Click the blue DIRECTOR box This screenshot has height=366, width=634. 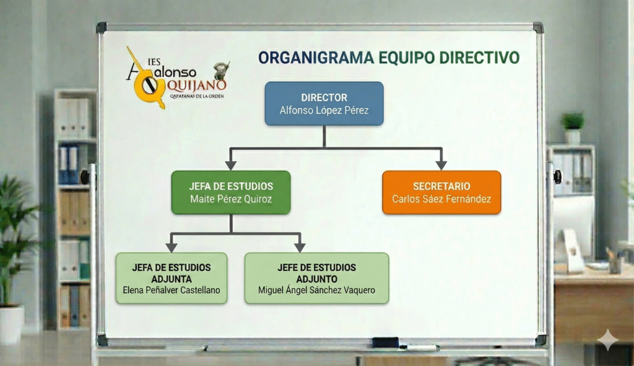pyautogui.click(x=324, y=104)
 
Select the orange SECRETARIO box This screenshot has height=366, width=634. pyautogui.click(x=441, y=192)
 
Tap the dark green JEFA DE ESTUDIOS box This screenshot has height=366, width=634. pyautogui.click(x=231, y=192)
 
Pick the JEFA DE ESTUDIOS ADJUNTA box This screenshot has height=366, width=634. pyautogui.click(x=172, y=278)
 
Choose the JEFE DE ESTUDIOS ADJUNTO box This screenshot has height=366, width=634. pyautogui.click(x=316, y=278)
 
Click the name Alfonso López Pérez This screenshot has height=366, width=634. pyautogui.click(x=324, y=111)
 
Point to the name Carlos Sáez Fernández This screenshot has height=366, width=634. pyautogui.click(x=441, y=199)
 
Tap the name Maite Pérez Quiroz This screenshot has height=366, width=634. pyautogui.click(x=231, y=199)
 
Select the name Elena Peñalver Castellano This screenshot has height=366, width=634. pyautogui.click(x=172, y=290)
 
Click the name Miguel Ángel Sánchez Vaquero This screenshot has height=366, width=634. pyautogui.click(x=316, y=290)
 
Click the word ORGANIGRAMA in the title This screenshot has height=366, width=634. pyautogui.click(x=316, y=58)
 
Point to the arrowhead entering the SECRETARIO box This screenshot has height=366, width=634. pyautogui.click(x=441, y=165)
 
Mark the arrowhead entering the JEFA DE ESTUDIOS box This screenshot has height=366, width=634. pyautogui.click(x=231, y=165)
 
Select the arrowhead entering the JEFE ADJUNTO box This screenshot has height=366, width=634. pyautogui.click(x=300, y=247)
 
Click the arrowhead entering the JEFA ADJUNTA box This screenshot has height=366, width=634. pyautogui.click(x=172, y=247)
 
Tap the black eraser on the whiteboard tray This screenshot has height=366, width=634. pyautogui.click(x=385, y=342)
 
